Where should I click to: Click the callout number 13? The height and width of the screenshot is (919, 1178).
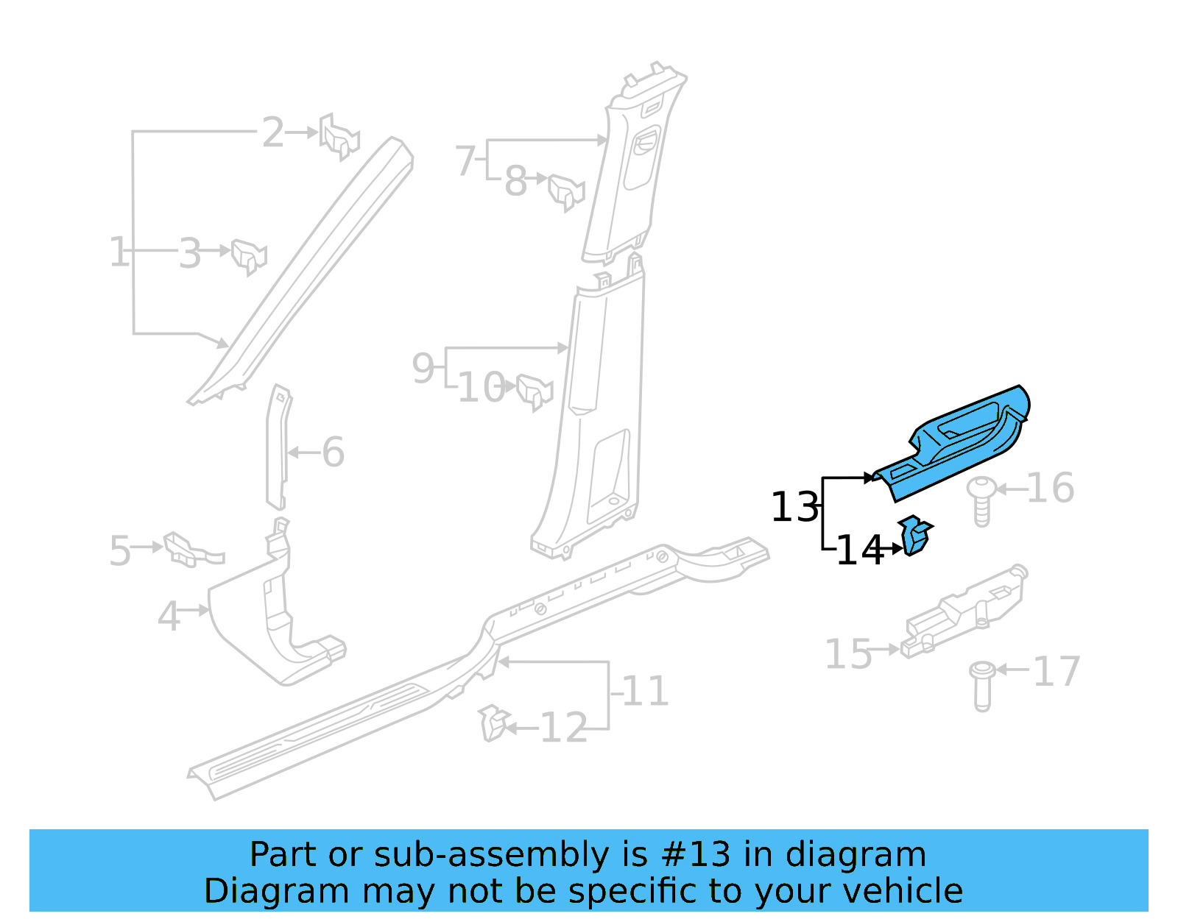click(x=794, y=508)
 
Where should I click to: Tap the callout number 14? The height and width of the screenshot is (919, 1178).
click(x=859, y=550)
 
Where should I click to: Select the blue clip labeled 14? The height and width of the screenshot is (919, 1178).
click(x=914, y=536)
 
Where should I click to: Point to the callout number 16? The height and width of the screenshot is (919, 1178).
click(x=1050, y=489)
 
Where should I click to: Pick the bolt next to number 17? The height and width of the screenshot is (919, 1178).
click(x=982, y=685)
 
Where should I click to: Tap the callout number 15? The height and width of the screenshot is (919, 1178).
click(x=847, y=654)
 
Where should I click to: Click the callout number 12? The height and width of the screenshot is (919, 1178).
click(x=563, y=728)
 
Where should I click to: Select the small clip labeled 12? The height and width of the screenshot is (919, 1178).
click(x=493, y=723)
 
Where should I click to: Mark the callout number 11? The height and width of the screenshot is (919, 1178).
click(x=646, y=692)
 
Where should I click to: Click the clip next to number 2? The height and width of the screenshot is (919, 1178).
click(x=339, y=136)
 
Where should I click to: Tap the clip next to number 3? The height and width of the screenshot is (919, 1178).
click(x=249, y=255)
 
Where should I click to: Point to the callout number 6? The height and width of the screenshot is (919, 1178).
click(x=333, y=452)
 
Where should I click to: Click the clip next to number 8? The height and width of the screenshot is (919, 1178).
click(x=565, y=191)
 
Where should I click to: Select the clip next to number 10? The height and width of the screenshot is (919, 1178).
click(x=535, y=391)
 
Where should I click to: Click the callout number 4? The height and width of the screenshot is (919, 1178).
click(x=169, y=616)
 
